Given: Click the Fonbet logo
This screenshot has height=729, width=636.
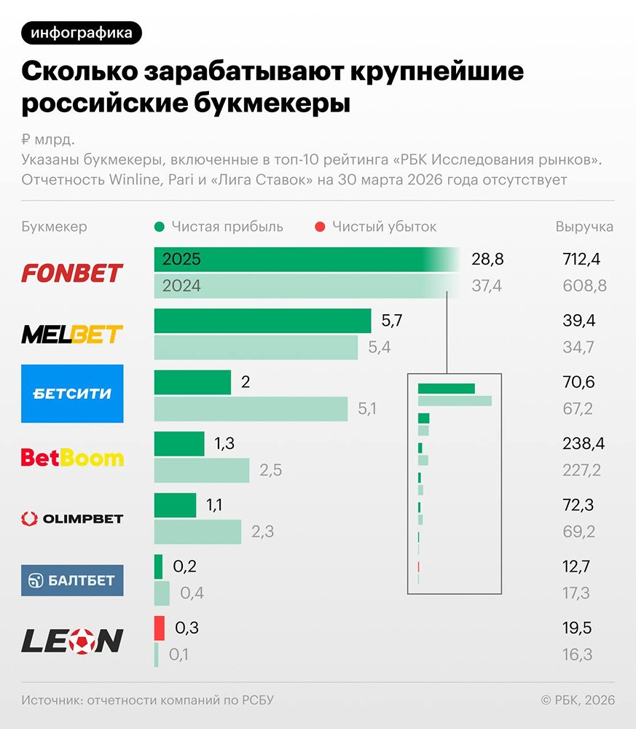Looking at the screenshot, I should point(72,273).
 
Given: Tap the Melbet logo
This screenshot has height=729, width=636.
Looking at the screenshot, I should point(72,335).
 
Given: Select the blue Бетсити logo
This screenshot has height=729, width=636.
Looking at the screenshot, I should point(72,394).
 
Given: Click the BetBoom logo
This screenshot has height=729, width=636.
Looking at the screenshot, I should point(72,458).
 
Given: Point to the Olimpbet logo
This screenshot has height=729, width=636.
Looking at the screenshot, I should point(72,519).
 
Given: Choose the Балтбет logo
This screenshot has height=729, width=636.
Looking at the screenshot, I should point(72,580).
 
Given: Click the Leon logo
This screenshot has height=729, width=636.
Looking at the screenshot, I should point(72,641).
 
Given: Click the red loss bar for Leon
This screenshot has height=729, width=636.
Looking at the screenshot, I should point(160,628).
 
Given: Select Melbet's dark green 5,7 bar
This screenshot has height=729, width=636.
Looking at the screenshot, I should point(262,321).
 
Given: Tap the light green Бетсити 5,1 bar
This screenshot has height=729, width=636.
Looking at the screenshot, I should point(251,409).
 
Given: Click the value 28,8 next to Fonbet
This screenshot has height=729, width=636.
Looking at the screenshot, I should point(487,260).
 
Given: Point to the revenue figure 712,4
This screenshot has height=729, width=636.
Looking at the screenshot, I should point(580,260).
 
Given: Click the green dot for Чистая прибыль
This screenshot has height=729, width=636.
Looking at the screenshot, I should point(160,227).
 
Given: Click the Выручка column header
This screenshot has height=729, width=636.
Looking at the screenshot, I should point(584,227).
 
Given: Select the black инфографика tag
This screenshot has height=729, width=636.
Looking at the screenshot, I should point(82,33).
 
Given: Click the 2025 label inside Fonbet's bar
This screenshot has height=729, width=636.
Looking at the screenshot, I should point(182,260).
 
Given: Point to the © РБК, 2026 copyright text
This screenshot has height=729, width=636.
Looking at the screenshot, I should point(578,700).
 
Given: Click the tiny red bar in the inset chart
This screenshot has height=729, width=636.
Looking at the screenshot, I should point(419,567).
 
